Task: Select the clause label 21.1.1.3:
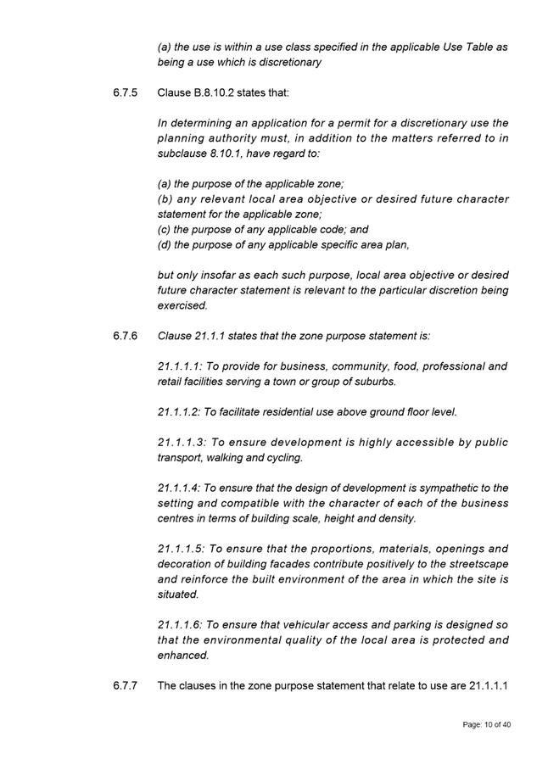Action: click(x=182, y=443)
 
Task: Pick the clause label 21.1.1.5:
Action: click(x=182, y=549)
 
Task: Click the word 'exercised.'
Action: click(x=182, y=305)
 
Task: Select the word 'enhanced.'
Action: click(x=182, y=656)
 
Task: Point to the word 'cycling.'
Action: click(x=282, y=458)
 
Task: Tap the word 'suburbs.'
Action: click(x=373, y=382)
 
